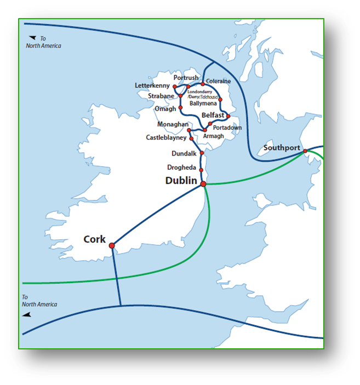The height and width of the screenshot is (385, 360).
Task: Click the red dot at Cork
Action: click(x=112, y=245)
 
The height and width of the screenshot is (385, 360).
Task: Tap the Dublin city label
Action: click(x=181, y=180)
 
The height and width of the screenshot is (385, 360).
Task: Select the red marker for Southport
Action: click(x=305, y=151)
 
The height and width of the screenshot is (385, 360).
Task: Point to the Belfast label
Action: click(x=213, y=116)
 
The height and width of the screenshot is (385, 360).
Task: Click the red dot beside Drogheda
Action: click(x=201, y=170)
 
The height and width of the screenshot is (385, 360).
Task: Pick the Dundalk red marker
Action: click(x=202, y=153)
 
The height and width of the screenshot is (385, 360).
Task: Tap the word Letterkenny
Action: click(x=153, y=86)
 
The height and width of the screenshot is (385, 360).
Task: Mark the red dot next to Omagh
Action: click(x=180, y=108)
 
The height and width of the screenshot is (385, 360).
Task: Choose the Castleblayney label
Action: click(x=166, y=137)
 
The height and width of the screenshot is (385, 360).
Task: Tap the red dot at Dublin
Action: click(x=203, y=184)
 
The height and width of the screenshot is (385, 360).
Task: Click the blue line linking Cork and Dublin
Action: click(x=159, y=214)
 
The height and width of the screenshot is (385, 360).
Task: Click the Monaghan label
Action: click(x=172, y=125)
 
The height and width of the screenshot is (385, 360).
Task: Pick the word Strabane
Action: click(x=161, y=96)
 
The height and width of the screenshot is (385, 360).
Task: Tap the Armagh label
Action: click(x=213, y=136)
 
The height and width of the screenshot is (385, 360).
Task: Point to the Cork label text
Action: click(x=94, y=239)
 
